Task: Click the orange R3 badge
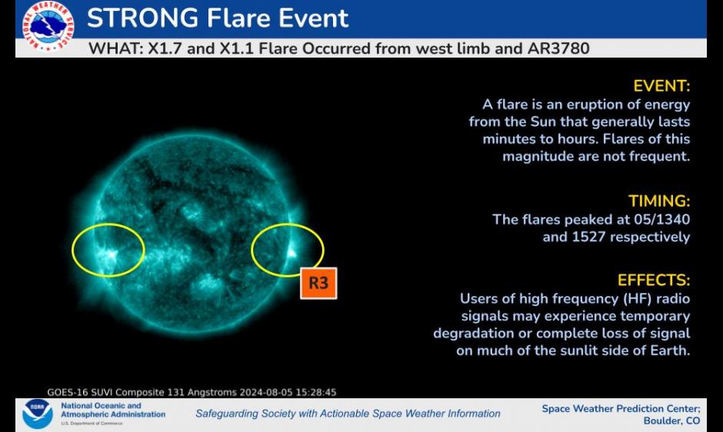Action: point(318,283)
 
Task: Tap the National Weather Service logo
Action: point(48,26)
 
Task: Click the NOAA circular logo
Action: point(38,414)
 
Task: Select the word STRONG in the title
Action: point(143,18)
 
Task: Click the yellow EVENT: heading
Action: point(661,86)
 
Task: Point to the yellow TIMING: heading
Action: point(659,201)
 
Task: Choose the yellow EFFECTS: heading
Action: point(653,281)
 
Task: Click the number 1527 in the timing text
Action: point(588,237)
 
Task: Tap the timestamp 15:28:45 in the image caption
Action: point(316,392)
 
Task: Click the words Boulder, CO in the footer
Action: point(671,420)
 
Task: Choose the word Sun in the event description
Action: point(543,121)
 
